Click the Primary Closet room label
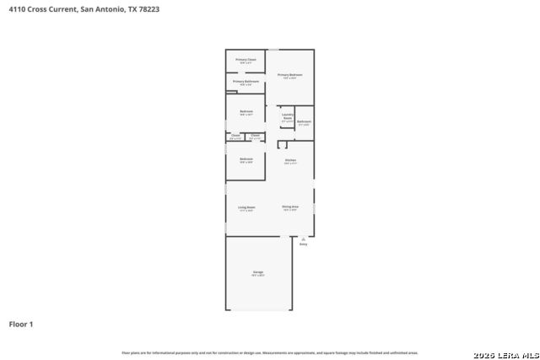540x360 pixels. click(x=246, y=60)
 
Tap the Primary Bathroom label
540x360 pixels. click(x=246, y=81)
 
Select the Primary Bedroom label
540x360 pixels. click(x=290, y=75)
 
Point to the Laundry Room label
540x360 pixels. click(x=288, y=116)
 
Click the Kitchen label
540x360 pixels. click(x=290, y=159)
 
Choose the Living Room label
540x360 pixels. click(x=246, y=207)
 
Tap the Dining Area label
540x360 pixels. click(x=290, y=207)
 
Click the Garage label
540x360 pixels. click(x=258, y=272)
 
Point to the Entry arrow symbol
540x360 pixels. click(x=303, y=239)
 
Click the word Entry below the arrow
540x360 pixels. click(x=303, y=244)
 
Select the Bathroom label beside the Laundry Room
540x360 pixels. click(x=304, y=121)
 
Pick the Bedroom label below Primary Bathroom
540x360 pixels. click(x=246, y=111)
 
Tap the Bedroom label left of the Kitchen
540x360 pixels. click(x=246, y=159)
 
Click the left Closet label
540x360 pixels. click(x=235, y=135)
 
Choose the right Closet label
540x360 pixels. click(x=255, y=135)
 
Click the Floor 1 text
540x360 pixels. click(x=21, y=324)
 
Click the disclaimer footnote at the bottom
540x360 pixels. click(x=270, y=352)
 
